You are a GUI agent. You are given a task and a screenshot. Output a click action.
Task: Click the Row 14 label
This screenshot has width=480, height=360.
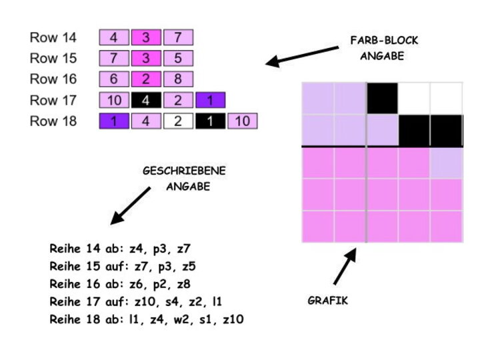pyautogui.click(x=53, y=38)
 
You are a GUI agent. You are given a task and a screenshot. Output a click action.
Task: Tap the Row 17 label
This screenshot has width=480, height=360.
pyautogui.click(x=53, y=101)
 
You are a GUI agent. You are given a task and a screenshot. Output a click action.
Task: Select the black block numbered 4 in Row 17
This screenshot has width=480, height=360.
pyautogui.click(x=147, y=101)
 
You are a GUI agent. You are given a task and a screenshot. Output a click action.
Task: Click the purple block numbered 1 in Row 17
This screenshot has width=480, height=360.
pyautogui.click(x=211, y=101)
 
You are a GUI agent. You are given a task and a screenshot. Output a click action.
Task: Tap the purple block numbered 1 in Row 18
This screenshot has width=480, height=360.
pyautogui.click(x=114, y=121)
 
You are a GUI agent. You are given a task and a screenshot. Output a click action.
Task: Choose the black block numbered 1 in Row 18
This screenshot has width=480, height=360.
pyautogui.click(x=210, y=121)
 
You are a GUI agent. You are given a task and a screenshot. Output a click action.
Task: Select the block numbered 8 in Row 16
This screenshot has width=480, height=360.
pyautogui.click(x=178, y=79)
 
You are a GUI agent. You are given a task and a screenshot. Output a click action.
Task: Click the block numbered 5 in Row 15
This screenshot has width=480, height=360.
pyautogui.click(x=178, y=59)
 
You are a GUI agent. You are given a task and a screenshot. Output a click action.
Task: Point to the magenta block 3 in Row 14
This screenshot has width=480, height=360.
pyautogui.click(x=147, y=38)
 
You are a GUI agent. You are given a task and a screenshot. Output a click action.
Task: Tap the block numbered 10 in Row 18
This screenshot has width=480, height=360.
pyautogui.click(x=243, y=121)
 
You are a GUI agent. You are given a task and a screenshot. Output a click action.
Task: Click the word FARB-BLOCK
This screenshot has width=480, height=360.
pyautogui.click(x=384, y=41)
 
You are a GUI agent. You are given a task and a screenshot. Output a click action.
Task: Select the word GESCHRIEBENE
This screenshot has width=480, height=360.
pyautogui.click(x=184, y=171)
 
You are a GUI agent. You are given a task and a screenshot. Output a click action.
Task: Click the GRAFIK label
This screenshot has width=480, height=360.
pyautogui.click(x=328, y=301)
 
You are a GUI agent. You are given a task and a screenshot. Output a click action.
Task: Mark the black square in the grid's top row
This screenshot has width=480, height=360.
pyautogui.click(x=382, y=97)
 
